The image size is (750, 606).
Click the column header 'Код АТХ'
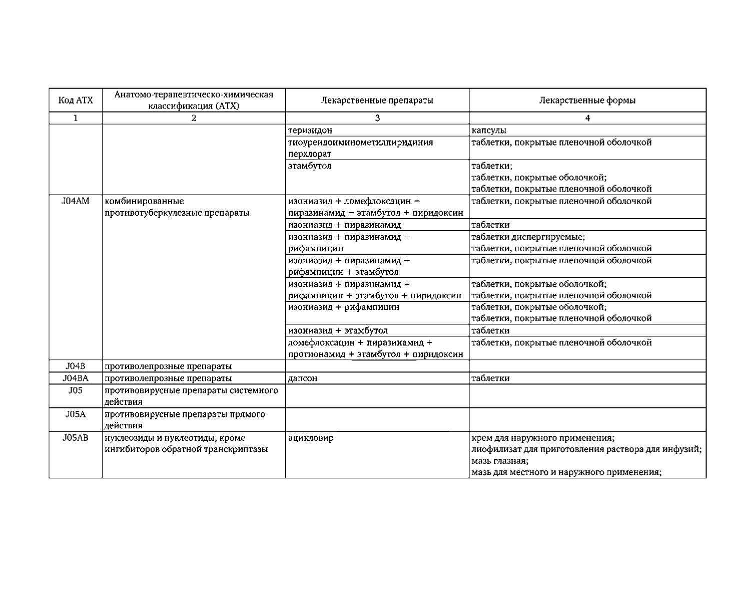pos(76,100)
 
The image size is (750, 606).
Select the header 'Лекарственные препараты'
pos(377,100)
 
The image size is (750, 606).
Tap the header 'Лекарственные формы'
pos(587,100)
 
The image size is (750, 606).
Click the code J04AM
pos(76,201)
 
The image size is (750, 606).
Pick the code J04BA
pos(76,378)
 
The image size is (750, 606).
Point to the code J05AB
pos(76,438)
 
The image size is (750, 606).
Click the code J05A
pos(76,414)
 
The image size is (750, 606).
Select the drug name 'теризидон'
pos(310,131)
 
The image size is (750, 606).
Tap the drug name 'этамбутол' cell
pos(310,166)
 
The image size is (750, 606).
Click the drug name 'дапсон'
pos(303,378)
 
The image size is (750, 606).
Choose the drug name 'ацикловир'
pos(311,438)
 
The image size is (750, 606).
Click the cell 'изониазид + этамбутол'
pos(338,331)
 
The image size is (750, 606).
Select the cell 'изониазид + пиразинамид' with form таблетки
pos(345,225)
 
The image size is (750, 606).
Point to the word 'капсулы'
pos(489,131)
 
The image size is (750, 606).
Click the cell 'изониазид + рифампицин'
pos(344,307)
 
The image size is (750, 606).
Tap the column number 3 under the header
pos(377,119)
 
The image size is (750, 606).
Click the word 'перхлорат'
pos(310,154)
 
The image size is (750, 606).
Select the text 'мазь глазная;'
pos(500,461)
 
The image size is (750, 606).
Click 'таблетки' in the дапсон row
pos(490,378)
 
